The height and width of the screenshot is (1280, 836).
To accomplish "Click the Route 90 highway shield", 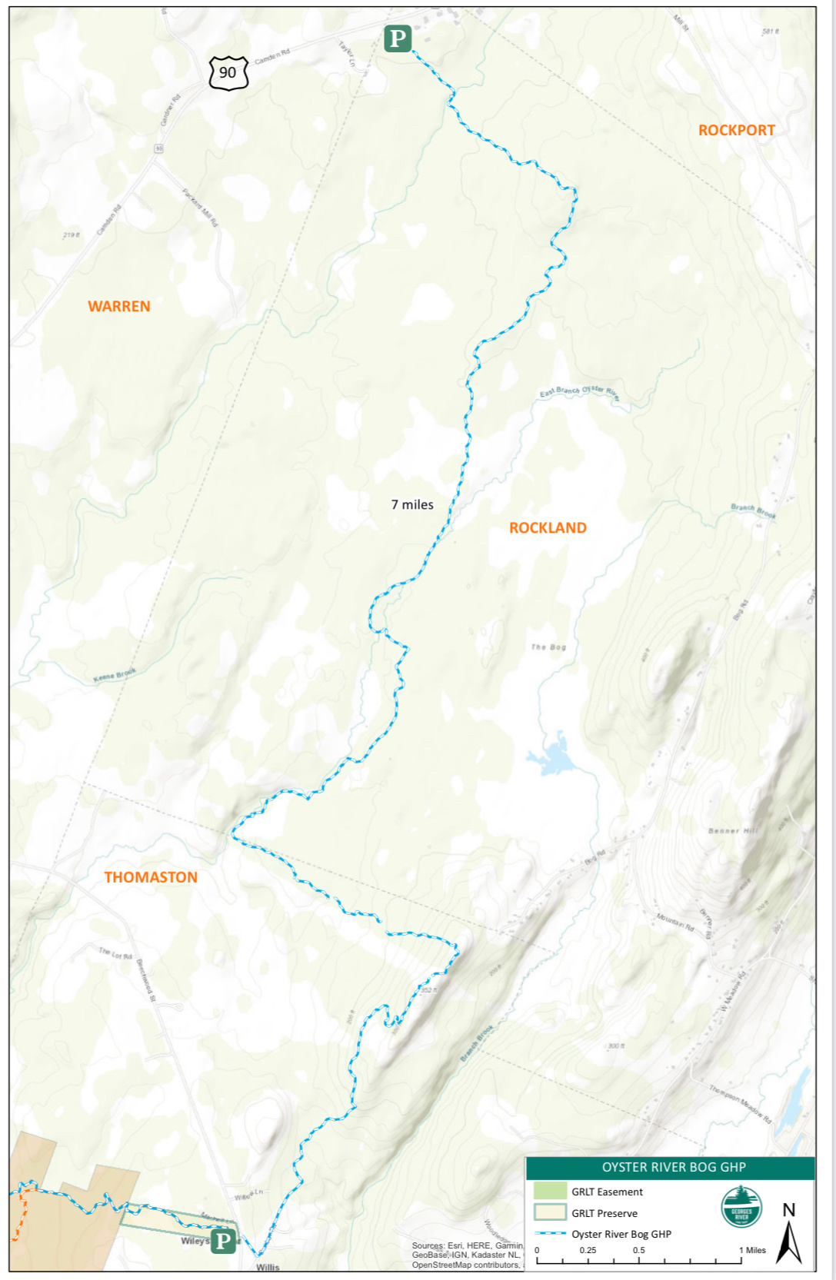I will pyautogui.click(x=228, y=73).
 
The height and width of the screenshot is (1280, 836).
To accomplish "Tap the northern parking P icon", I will pyautogui.click(x=398, y=38).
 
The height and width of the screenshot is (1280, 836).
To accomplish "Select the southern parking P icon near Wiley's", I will pyautogui.click(x=223, y=1239).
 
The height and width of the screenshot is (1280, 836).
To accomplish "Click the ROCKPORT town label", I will pyautogui.click(x=736, y=130).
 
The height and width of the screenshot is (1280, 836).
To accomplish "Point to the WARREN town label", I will pyautogui.click(x=118, y=306).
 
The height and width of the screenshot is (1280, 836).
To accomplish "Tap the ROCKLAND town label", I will pyautogui.click(x=548, y=527).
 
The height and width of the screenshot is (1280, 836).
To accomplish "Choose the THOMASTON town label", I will pyautogui.click(x=151, y=877).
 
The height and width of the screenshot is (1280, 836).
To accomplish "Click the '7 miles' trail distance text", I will pyautogui.click(x=412, y=504).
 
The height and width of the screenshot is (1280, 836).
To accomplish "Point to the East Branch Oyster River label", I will pyautogui.click(x=579, y=392).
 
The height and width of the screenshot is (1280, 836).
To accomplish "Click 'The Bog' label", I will pyautogui.click(x=548, y=647).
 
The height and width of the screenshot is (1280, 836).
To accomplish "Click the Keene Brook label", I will pyautogui.click(x=115, y=675).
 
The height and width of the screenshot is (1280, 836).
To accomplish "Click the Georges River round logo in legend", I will pyautogui.click(x=741, y=1207).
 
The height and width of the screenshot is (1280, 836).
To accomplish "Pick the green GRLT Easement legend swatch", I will pyautogui.click(x=550, y=1191).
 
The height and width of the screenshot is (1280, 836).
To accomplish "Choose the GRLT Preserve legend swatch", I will pyautogui.click(x=550, y=1212).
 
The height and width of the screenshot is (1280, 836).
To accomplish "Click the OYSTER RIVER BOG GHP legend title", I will pyautogui.click(x=673, y=1167).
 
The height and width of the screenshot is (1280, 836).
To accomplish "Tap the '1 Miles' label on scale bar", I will pyautogui.click(x=753, y=1250).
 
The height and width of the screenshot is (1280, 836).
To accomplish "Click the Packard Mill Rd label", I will pyautogui.click(x=200, y=206).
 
